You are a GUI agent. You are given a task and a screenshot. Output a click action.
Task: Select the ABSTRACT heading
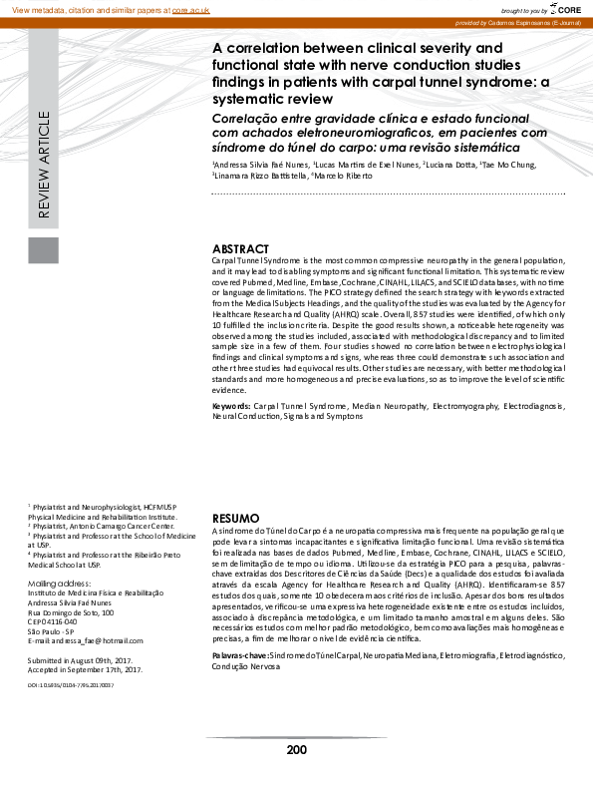pos(241,248)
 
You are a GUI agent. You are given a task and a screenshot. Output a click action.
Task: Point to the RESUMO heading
pos(236,519)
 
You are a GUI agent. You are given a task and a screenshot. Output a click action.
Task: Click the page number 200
pos(296,751)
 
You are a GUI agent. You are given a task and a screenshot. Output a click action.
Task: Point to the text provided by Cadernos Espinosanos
pos(519,21)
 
